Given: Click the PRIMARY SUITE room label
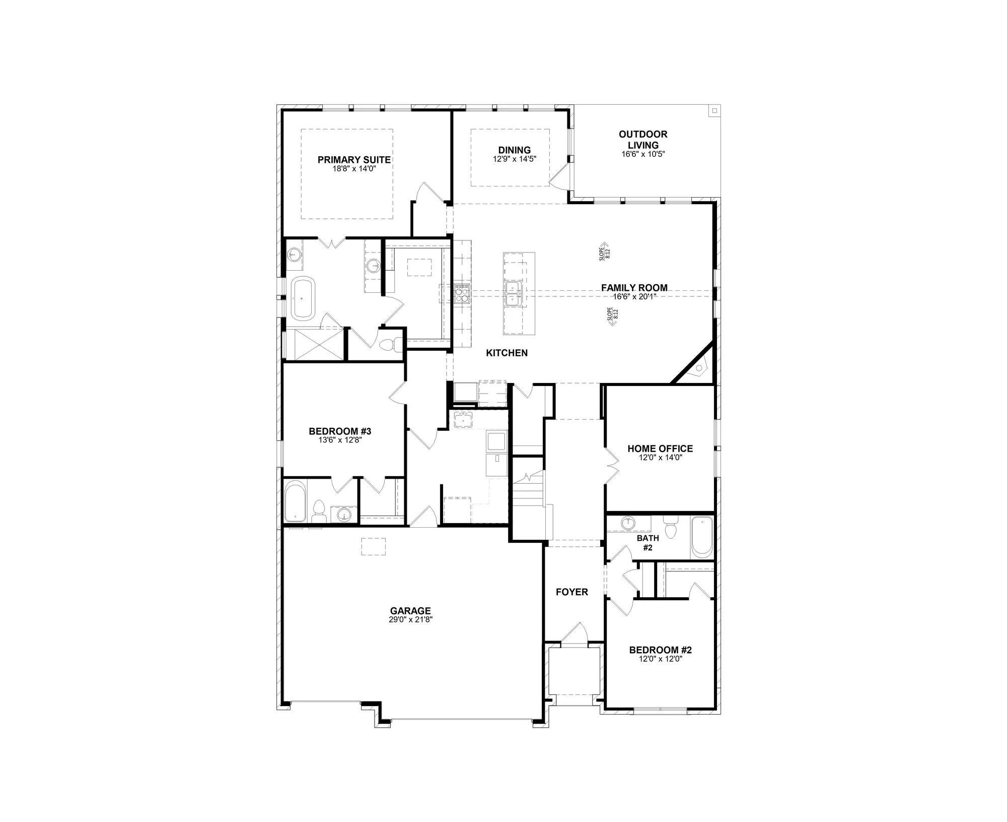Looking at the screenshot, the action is (354, 160).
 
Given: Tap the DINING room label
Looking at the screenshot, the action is (514, 150).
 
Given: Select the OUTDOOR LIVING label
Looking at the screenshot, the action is (643, 140).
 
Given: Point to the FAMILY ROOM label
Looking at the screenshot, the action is (634, 288).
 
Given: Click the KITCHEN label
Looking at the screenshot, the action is (507, 353).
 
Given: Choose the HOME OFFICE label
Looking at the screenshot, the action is (660, 449).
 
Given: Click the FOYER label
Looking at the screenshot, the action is (571, 592).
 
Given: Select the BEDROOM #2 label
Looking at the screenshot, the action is (660, 650).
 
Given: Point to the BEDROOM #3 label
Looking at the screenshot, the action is (340, 431).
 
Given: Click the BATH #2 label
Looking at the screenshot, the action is (648, 543).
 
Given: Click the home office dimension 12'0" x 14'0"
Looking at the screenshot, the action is (660, 457).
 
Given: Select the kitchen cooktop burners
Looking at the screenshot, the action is (462, 293).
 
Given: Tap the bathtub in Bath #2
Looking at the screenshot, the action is (701, 537).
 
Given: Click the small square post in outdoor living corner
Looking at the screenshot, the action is (714, 111).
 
